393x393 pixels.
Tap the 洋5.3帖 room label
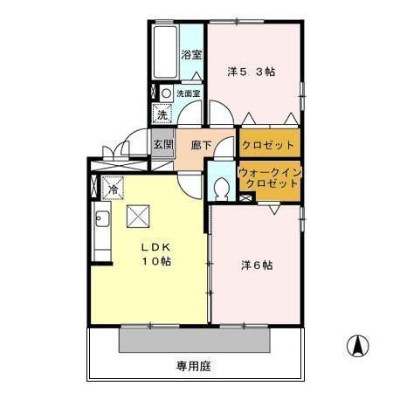[x=252, y=72]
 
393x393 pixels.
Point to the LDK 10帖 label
[x=156, y=254]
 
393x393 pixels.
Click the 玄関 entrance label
[x=162, y=144]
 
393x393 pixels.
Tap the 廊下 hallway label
[x=201, y=145]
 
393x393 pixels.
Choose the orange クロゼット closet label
[x=268, y=145]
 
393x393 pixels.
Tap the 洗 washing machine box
[x=162, y=113]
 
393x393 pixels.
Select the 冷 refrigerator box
[x=114, y=188]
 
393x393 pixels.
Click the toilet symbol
[x=222, y=187]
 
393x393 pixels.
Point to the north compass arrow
[x=356, y=346]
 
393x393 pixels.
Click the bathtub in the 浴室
[x=163, y=52]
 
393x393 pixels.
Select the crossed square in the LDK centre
[x=139, y=216]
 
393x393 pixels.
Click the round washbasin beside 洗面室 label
[x=165, y=92]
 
